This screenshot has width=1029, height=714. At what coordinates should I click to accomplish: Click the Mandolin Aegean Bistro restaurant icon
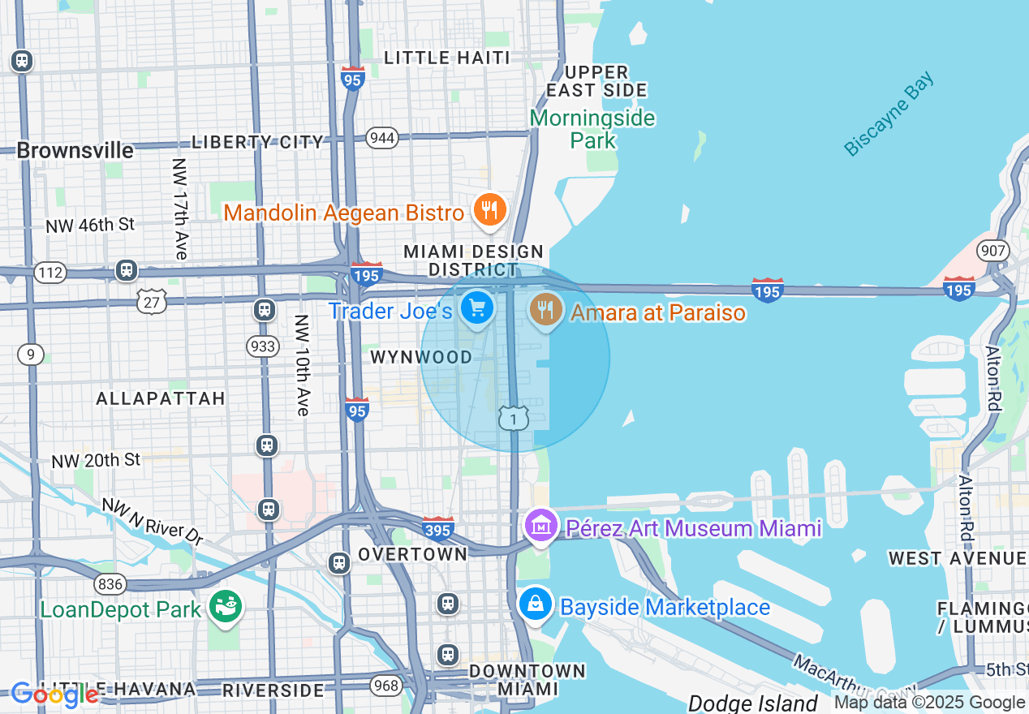point(489,211)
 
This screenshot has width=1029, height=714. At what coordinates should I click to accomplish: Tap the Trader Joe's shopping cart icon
point(477,308)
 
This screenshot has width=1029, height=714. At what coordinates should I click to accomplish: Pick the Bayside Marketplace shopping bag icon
point(536,605)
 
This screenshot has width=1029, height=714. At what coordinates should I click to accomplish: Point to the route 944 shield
point(381,137)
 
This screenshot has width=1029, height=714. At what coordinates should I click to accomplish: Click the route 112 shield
point(50,273)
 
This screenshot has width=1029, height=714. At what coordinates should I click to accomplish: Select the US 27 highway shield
point(152,302)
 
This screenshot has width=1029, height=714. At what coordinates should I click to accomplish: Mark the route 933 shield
point(263,346)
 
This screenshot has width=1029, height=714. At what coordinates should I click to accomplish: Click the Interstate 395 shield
point(437,529)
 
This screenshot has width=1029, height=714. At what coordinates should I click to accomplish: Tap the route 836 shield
point(110,583)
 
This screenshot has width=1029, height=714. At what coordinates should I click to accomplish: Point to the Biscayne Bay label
point(889,114)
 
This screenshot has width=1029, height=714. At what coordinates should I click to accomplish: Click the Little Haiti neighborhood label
point(447,58)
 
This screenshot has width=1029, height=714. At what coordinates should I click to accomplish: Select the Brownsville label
point(75,151)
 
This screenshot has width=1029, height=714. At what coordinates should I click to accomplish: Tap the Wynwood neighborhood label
point(421,357)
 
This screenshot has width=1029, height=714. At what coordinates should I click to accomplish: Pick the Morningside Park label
point(592,129)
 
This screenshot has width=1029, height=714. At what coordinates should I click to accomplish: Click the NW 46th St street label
point(90,226)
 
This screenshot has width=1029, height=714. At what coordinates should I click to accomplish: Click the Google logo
point(55,695)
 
